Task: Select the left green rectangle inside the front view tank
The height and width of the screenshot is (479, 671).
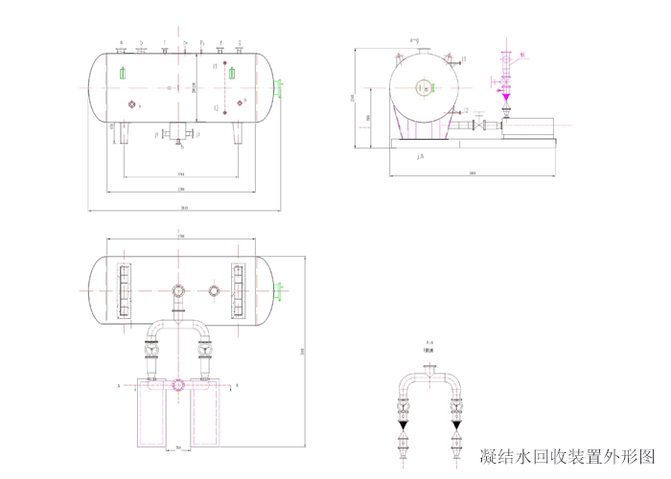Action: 122,73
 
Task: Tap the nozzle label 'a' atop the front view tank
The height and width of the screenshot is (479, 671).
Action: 121,42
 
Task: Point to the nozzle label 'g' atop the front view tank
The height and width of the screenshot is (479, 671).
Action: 240,42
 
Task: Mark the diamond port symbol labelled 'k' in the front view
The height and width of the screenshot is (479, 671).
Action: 131,104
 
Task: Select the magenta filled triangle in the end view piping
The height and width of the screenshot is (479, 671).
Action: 505,97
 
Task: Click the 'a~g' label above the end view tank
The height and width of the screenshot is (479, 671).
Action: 414,40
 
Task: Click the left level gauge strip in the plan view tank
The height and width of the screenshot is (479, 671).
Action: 123,290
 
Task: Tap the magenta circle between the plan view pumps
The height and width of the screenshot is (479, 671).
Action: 177,385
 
